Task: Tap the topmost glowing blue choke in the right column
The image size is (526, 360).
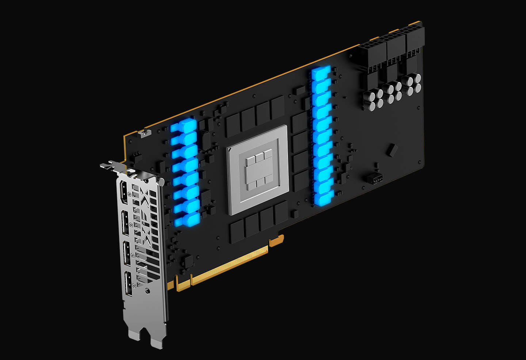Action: pos(321,73)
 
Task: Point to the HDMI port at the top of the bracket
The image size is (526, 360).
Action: pos(124,194)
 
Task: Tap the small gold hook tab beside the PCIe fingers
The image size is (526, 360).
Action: pos(277,241)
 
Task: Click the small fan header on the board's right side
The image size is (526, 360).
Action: pos(375,179)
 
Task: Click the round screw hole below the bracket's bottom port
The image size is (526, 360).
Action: pos(147,291)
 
